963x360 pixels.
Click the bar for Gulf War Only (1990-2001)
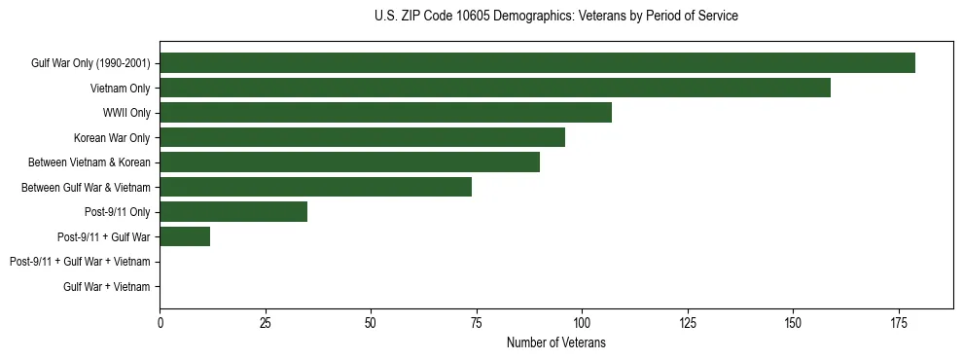pyautogui.click(x=537, y=63)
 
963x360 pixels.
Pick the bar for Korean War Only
pyautogui.click(x=362, y=138)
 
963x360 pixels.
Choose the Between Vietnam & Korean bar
pyautogui.click(x=349, y=162)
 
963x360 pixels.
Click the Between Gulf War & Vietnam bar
pyautogui.click(x=315, y=187)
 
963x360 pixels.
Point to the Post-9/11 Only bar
pyautogui.click(x=233, y=212)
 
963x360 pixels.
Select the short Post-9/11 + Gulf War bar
pyautogui.click(x=185, y=236)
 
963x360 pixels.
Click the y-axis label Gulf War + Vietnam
pyautogui.click(x=107, y=287)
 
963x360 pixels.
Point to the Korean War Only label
pyautogui.click(x=112, y=138)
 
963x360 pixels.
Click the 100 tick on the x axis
pyautogui.click(x=582, y=322)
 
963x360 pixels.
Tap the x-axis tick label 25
pyautogui.click(x=266, y=322)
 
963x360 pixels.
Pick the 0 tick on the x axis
pyautogui.click(x=160, y=322)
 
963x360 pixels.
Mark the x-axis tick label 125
pyautogui.click(x=688, y=322)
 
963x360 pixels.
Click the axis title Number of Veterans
pyautogui.click(x=556, y=342)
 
